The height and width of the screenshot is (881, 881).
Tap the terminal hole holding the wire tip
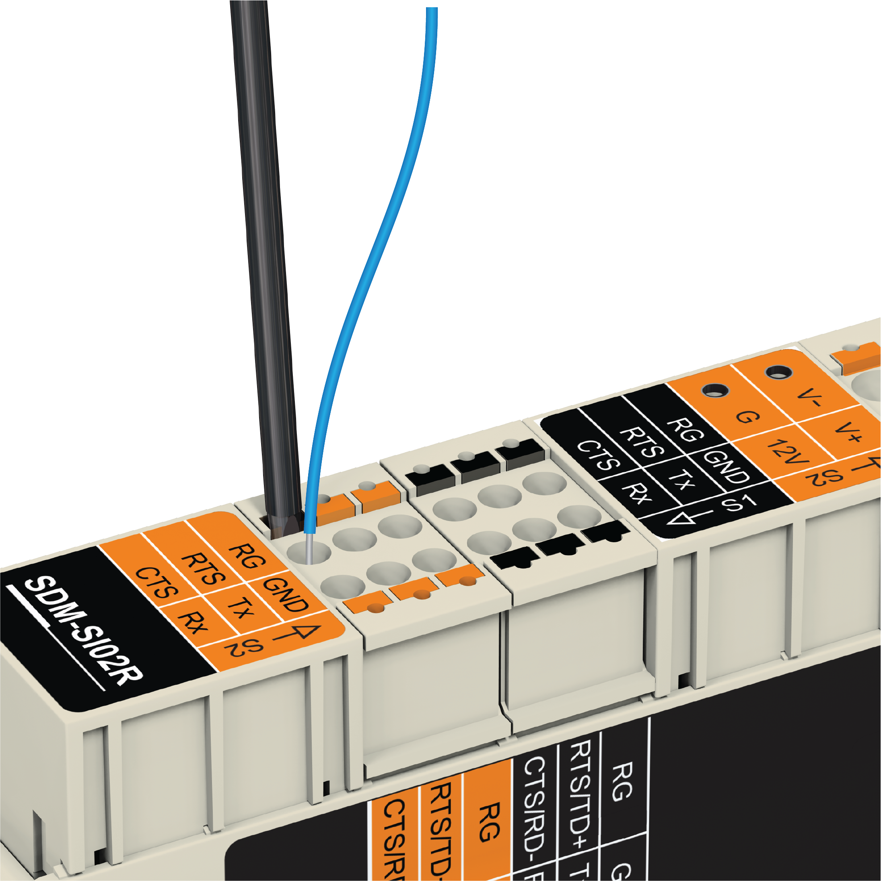coord(308,552)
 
